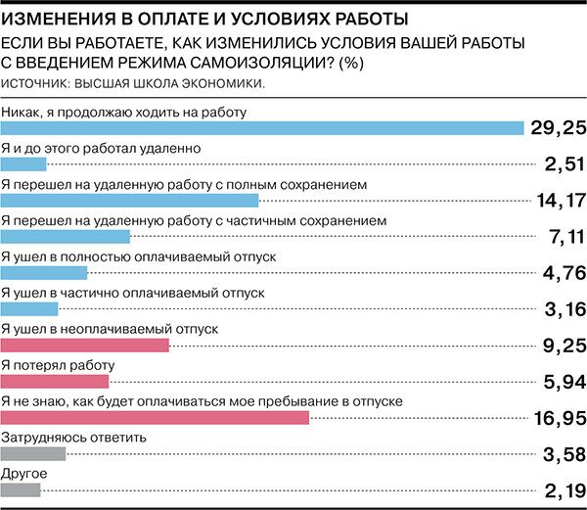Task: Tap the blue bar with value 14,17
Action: click(x=129, y=201)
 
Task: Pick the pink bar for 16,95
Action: click(x=155, y=418)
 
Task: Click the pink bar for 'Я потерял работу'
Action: click(x=55, y=382)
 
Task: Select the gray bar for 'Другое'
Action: click(x=21, y=489)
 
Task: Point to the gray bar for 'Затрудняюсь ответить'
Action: click(x=33, y=453)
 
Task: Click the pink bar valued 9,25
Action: click(x=85, y=346)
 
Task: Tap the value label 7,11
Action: click(x=562, y=237)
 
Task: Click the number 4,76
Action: click(x=561, y=273)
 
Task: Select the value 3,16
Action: click(x=562, y=309)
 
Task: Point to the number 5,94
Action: click(x=561, y=382)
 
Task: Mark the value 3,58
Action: click(x=561, y=454)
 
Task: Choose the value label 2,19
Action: click(x=562, y=490)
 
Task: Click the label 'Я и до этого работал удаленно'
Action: click(x=102, y=148)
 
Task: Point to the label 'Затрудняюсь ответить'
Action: click(x=74, y=437)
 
